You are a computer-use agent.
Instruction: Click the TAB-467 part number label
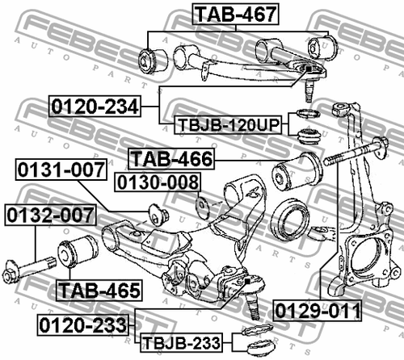(234, 13)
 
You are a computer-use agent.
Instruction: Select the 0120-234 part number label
(94, 105)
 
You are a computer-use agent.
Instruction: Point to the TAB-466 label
(170, 159)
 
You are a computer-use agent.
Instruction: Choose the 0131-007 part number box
(61, 170)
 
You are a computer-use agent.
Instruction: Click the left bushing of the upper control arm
(153, 58)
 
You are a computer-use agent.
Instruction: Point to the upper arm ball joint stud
(309, 81)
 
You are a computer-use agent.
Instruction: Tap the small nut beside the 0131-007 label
(158, 214)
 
